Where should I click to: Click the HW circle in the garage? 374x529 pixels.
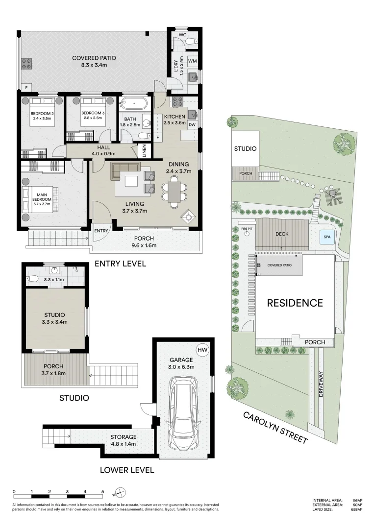pos(201,350)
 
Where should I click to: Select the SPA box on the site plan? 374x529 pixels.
pos(327,238)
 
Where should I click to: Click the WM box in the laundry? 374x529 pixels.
pos(192,61)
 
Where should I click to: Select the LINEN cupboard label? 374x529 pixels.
pos(144,151)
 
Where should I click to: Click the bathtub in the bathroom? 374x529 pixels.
pos(133,104)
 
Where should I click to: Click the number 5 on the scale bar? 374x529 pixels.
pos(102,491)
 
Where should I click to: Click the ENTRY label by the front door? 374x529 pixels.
pos(101,231)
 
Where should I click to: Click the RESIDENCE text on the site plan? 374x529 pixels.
pos(295,303)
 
